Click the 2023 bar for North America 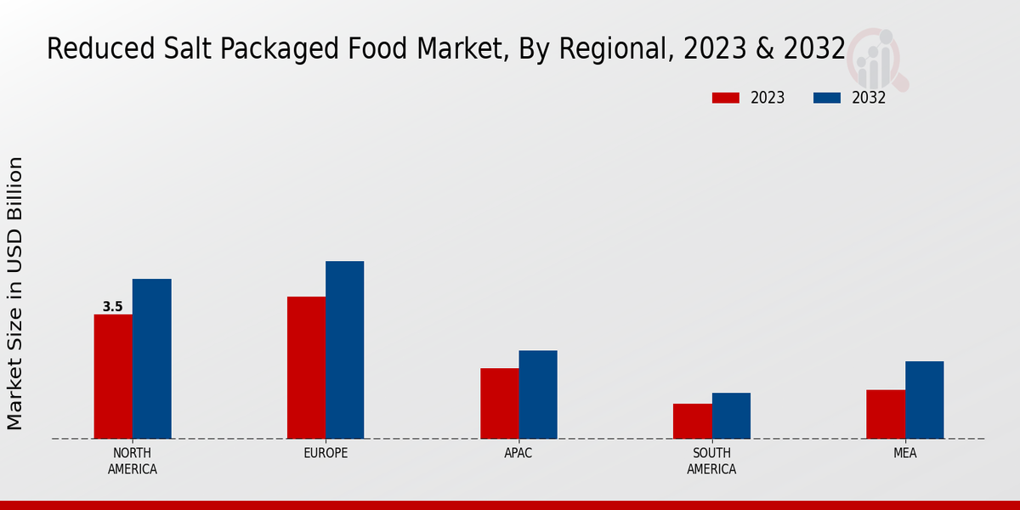click(x=113, y=377)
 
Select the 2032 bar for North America click(x=151, y=359)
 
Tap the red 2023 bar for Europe click(x=306, y=367)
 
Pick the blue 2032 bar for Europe click(x=344, y=349)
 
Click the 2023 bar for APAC click(x=499, y=403)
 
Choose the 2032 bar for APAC click(x=538, y=394)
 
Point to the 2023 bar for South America click(x=692, y=421)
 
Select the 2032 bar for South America click(x=731, y=416)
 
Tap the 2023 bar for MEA click(x=886, y=414)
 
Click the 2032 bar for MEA click(x=924, y=399)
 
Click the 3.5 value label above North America click(x=113, y=307)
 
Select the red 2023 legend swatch click(x=725, y=98)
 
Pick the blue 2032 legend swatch click(x=826, y=98)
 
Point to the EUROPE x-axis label click(x=326, y=453)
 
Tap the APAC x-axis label click(x=518, y=453)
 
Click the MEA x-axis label click(x=904, y=453)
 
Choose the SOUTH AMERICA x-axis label click(x=711, y=461)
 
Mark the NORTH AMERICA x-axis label click(x=133, y=461)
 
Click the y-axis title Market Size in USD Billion click(x=15, y=293)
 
